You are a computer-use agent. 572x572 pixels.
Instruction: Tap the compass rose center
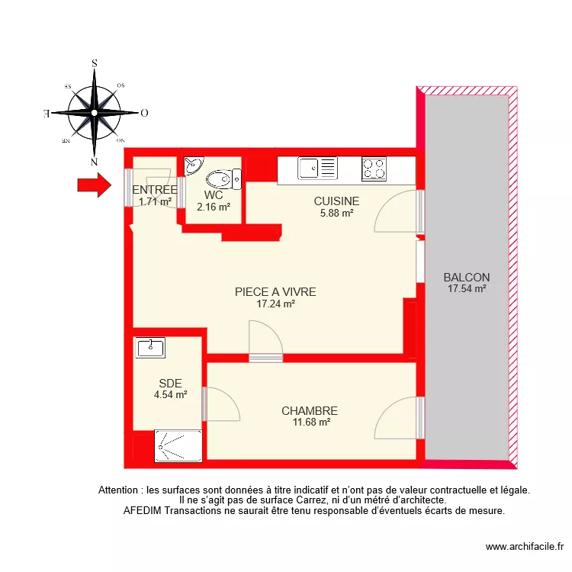pos(94,113)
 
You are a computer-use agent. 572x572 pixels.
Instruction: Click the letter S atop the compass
pos(94,64)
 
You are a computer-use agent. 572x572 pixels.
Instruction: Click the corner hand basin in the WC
pos(193,165)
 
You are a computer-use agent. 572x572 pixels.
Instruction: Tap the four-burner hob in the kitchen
pos(373,169)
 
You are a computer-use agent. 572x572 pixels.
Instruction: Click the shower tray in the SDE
pos(179,446)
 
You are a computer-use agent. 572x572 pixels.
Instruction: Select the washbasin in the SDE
pos(151,348)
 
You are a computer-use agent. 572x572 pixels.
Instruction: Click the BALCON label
pos(467,278)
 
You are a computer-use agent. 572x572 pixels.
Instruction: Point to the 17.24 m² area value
pos(275,303)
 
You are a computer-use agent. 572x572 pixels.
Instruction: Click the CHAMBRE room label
pos(309,410)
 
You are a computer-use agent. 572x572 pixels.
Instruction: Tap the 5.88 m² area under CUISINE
pos(336,214)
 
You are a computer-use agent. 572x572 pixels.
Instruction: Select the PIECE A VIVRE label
pos(275,291)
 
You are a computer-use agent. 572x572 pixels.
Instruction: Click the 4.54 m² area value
pos(170,395)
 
